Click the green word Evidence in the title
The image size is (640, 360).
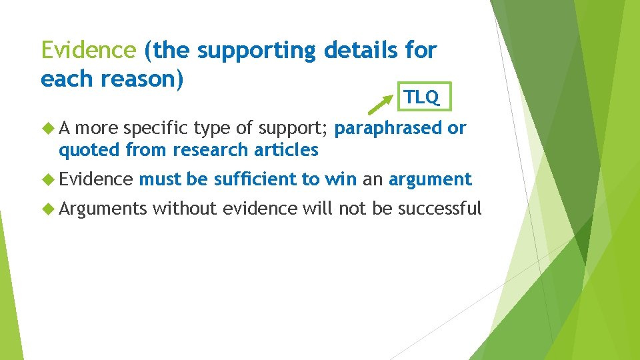88,49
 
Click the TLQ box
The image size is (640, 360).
421,97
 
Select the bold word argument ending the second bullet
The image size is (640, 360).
430,179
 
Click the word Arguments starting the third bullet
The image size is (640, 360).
102,209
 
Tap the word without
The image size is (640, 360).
185,209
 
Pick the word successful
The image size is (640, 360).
439,209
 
